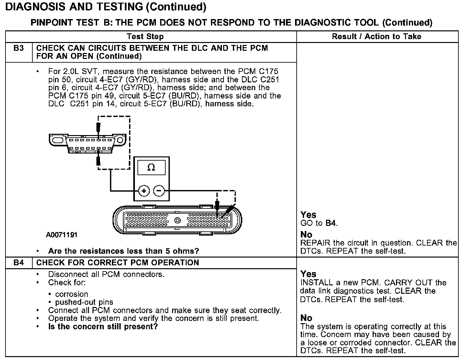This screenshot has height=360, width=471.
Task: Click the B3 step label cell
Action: [19, 48]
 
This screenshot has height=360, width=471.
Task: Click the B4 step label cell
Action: [19, 263]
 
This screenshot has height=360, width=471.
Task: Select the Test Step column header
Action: [145, 37]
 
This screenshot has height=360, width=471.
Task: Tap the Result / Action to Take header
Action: [377, 37]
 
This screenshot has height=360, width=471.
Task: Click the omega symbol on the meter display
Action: [151, 167]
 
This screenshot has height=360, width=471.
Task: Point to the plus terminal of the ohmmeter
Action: [144, 191]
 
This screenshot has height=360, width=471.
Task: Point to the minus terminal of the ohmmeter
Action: [159, 191]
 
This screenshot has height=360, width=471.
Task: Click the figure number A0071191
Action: [62, 235]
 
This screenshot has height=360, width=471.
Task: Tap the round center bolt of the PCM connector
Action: [177, 221]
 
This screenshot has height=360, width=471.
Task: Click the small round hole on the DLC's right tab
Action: [120, 141]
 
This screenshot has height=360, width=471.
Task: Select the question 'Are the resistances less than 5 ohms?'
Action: [124, 251]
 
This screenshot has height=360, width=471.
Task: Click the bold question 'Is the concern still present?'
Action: [103, 327]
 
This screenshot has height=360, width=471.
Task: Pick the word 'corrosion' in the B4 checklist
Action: [71, 294]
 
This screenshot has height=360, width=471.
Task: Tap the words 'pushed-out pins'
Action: [84, 302]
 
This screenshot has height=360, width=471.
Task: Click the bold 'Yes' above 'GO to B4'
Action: [308, 215]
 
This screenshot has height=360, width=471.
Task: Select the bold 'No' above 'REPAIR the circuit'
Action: [306, 235]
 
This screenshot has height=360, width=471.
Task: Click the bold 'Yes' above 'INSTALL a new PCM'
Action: [308, 274]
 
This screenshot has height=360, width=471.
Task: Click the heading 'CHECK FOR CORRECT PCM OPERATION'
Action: [117, 263]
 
